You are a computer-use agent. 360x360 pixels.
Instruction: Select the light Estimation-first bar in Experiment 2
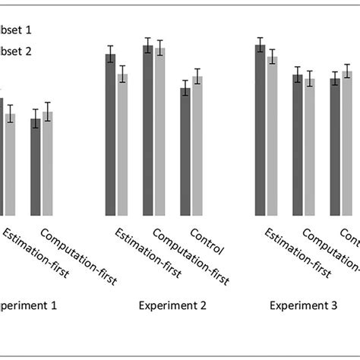click(x=122, y=144)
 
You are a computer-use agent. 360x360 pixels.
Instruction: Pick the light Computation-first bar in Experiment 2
click(x=159, y=132)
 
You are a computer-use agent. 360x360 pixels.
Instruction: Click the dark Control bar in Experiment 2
click(x=185, y=152)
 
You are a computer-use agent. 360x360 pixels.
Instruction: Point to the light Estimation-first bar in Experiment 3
click(x=272, y=136)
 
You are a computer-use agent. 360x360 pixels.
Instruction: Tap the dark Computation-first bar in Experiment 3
click(x=297, y=145)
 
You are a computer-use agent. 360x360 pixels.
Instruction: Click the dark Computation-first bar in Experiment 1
click(x=35, y=167)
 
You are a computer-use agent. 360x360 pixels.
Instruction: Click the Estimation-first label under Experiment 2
click(x=147, y=254)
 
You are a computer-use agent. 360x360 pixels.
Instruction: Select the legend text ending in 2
click(x=17, y=52)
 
